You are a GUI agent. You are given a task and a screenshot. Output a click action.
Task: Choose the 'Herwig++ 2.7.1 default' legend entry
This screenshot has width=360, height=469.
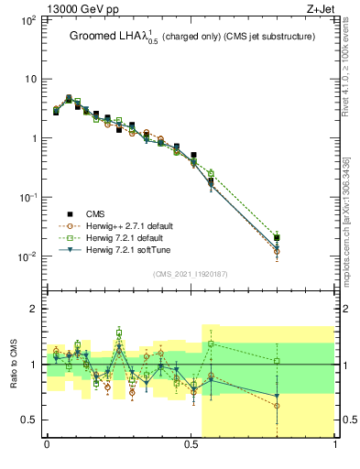(128, 225)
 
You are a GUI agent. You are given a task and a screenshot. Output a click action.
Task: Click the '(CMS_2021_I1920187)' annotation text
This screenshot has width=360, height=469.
(191, 274)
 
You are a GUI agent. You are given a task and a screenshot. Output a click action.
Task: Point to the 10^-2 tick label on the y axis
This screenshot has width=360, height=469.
(28, 256)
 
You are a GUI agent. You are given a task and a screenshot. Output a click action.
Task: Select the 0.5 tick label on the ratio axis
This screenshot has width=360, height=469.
(29, 420)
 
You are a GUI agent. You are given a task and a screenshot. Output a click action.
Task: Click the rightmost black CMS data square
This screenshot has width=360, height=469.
(278, 238)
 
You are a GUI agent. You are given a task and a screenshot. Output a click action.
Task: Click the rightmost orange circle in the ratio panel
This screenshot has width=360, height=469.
(278, 406)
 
